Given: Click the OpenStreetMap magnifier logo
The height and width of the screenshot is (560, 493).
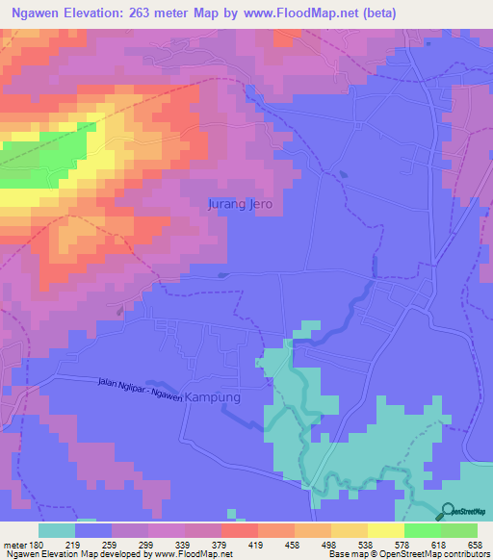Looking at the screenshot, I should tap(449, 511).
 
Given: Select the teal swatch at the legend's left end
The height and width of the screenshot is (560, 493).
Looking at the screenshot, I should tap(57, 531).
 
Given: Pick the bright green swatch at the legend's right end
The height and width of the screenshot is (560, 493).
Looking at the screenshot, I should tap(458, 531).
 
